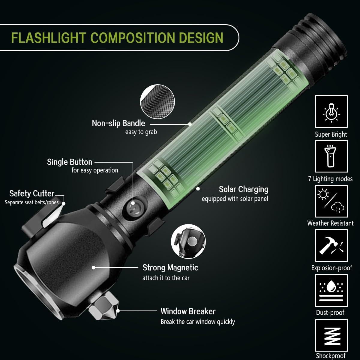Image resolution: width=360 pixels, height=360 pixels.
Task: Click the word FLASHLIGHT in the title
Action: click(48, 38)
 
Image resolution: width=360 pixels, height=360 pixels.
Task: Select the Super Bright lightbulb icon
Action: click(331, 112)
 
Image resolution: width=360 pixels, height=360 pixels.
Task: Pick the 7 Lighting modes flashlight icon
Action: click(331, 156)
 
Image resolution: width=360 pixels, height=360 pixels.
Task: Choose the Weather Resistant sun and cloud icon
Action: click(331, 201)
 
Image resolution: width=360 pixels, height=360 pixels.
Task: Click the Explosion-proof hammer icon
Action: click(331, 245)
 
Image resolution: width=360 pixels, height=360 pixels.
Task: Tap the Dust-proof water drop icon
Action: click(331, 290)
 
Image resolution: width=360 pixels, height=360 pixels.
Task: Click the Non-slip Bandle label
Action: click(118, 123)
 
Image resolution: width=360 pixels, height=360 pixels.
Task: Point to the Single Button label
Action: click(70, 162)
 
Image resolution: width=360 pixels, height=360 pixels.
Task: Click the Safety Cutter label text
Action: click(32, 193)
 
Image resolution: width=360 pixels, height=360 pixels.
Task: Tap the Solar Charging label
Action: click(243, 189)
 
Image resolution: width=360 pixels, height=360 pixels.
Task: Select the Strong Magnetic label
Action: click(170, 268)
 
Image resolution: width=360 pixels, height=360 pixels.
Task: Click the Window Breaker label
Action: click(188, 311)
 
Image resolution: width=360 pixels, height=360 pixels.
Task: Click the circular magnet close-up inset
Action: click(188, 241)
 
